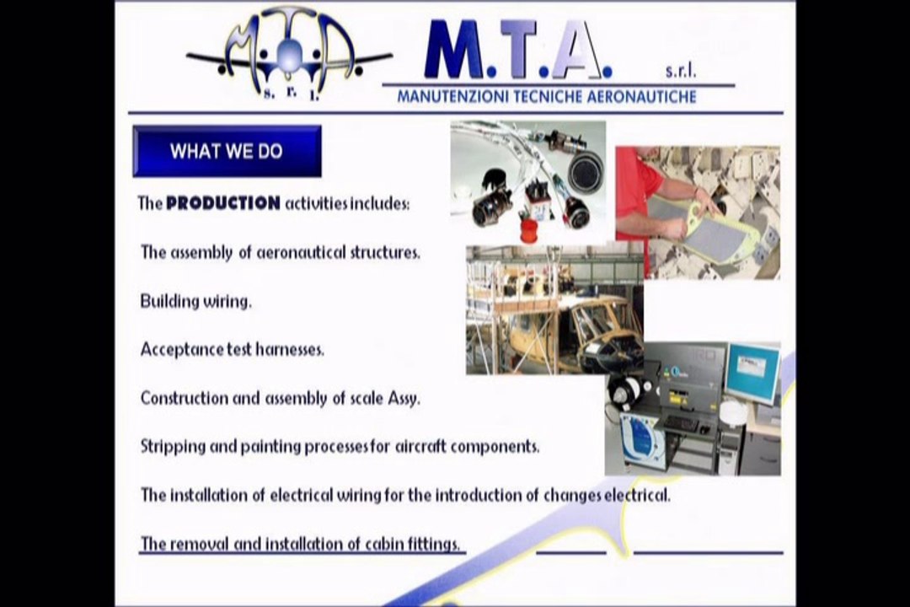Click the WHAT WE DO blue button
(x=227, y=151)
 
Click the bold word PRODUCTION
(x=223, y=203)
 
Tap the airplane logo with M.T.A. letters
(x=289, y=55)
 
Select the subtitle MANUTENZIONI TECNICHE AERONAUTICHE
(x=546, y=96)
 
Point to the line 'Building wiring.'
(x=196, y=301)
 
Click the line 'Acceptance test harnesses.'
(x=233, y=349)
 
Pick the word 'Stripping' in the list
(x=173, y=447)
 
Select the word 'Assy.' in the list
(x=404, y=399)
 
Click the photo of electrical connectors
(x=528, y=182)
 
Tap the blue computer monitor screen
(x=753, y=369)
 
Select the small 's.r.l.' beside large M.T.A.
(x=681, y=71)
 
